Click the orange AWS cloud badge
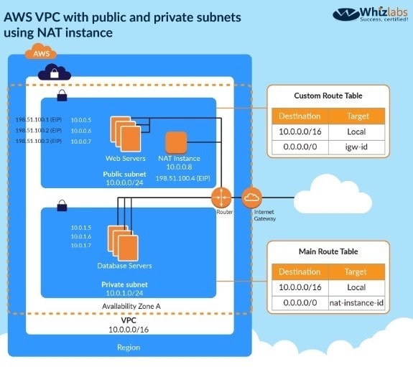pyautogui.click(x=41, y=52)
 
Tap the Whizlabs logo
pyautogui.click(x=371, y=14)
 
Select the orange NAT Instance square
pyautogui.click(x=176, y=142)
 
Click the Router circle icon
pyautogui.click(x=221, y=198)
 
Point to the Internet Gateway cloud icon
pyautogui.click(x=251, y=198)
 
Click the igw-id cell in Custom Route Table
pyautogui.click(x=356, y=147)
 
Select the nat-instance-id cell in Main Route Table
pyautogui.click(x=356, y=302)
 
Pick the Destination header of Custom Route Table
pyautogui.click(x=300, y=116)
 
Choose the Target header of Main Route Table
pyautogui.click(x=356, y=272)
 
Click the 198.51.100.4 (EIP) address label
pyautogui.click(x=182, y=178)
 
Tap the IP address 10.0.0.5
pyautogui.click(x=81, y=120)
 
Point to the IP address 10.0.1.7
pyautogui.click(x=81, y=246)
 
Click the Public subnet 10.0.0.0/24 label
pyautogui.click(x=124, y=178)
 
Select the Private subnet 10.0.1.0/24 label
pyautogui.click(x=124, y=289)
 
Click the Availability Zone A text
pyautogui.click(x=131, y=306)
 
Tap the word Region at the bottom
pyautogui.click(x=129, y=348)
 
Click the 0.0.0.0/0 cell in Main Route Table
pyautogui.click(x=300, y=302)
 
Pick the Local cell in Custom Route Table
pyautogui.click(x=356, y=131)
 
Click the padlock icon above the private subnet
pyautogui.click(x=62, y=205)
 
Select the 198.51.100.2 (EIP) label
pyautogui.click(x=39, y=131)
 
